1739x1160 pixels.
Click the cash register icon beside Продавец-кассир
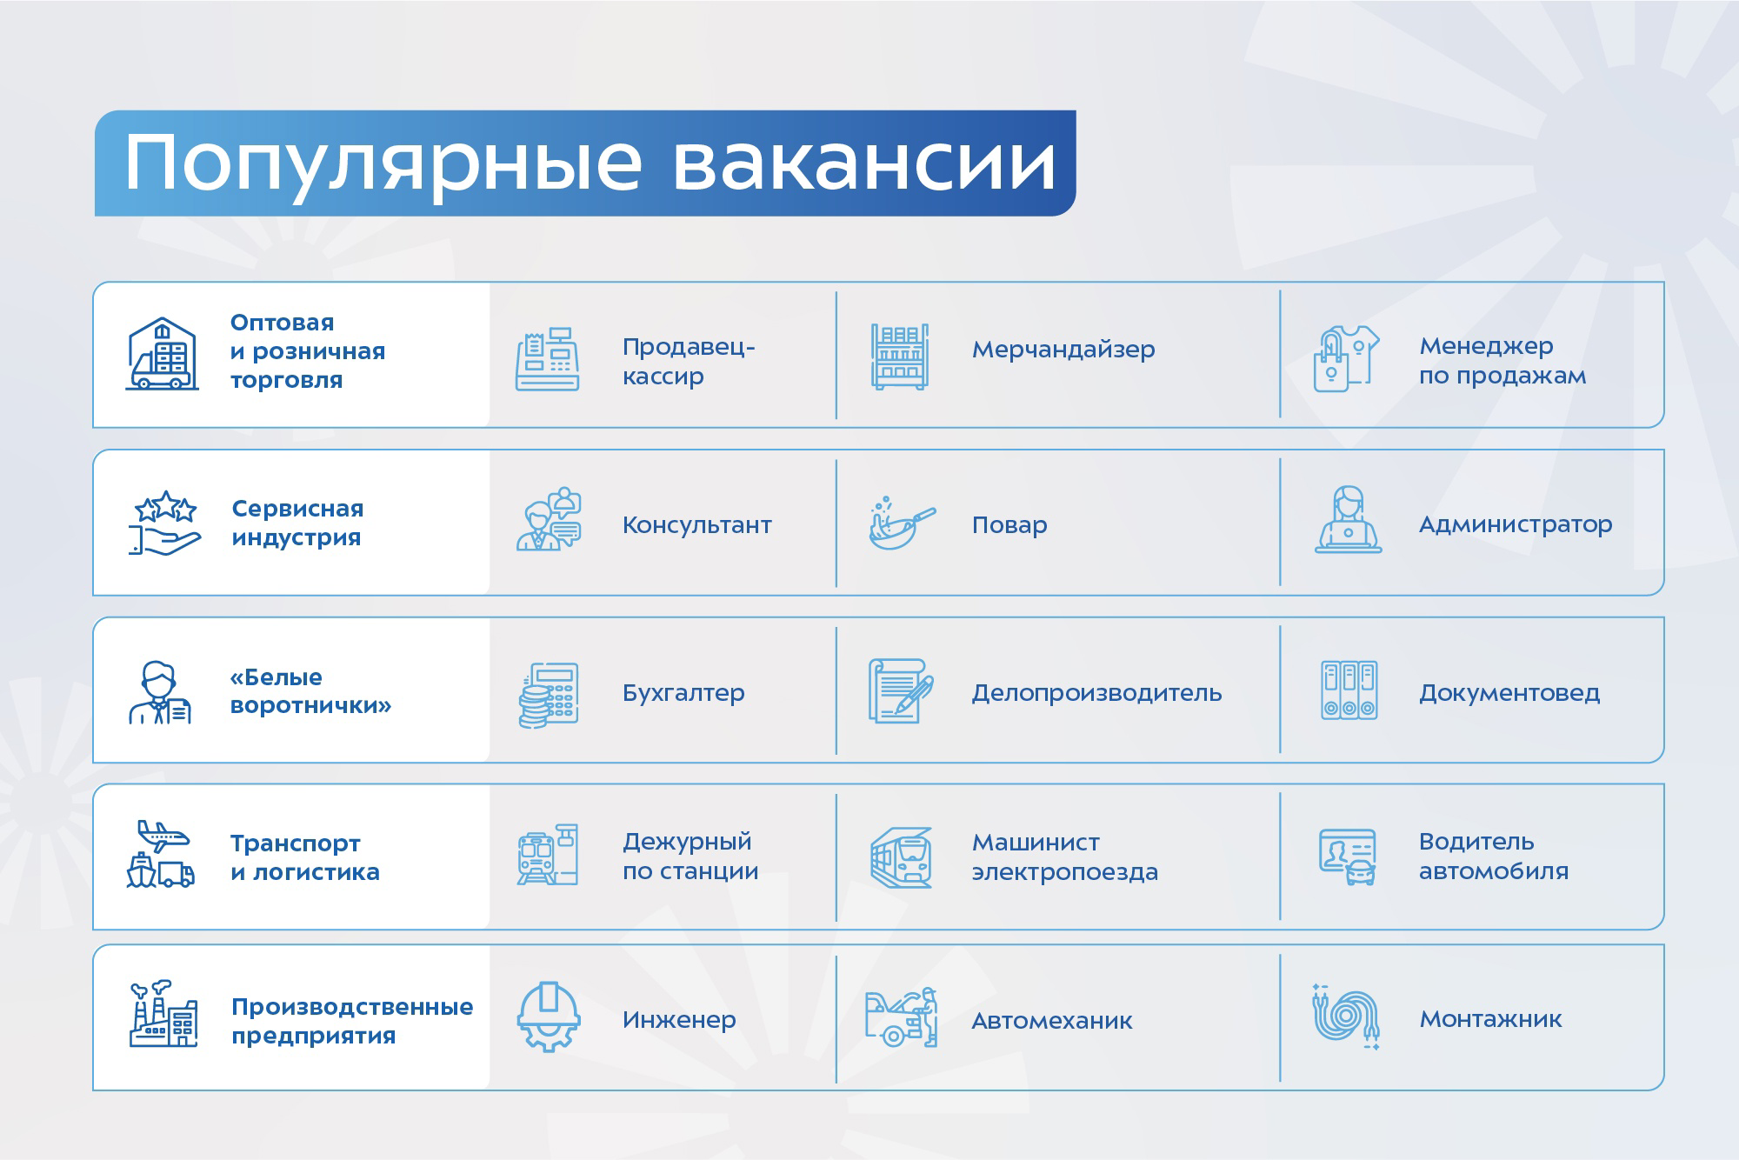coord(548,359)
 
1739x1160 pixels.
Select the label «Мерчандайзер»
coord(1063,350)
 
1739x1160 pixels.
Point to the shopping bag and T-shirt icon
coord(1346,359)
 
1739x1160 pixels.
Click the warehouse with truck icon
coord(163,354)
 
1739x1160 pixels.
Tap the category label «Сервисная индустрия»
coord(297,523)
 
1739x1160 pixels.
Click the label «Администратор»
coord(1516,524)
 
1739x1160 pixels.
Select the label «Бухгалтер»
coord(683,693)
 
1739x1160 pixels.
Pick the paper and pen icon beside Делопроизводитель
coord(902,691)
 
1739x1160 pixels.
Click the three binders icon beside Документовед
coord(1349,690)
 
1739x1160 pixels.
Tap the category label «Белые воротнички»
coord(310,690)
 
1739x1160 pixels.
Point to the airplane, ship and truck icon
coord(160,854)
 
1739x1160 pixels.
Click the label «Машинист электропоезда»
coord(1065,857)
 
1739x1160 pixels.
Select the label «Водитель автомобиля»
coord(1494,856)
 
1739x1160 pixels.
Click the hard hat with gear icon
coord(548,1017)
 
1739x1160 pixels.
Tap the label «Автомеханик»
coord(1052,1020)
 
